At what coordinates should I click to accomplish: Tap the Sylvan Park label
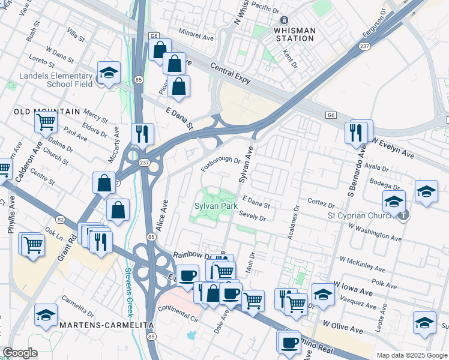click(x=216, y=206)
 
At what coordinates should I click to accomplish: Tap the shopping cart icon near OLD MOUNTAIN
click(x=46, y=123)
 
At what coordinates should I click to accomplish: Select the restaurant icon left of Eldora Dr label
click(x=142, y=134)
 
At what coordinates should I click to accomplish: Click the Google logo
click(x=20, y=353)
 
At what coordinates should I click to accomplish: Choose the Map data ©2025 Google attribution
click(x=411, y=355)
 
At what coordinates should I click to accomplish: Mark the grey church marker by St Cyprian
click(x=404, y=214)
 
